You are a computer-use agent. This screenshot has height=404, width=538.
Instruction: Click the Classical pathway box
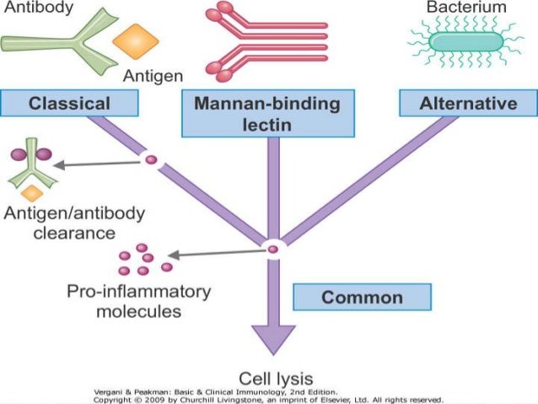click(69, 104)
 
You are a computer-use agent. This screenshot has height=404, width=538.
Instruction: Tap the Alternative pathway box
click(469, 104)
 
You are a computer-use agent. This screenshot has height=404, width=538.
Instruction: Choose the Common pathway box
click(362, 298)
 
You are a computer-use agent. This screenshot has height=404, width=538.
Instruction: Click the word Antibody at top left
click(36, 7)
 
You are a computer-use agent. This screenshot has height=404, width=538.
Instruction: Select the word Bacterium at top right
click(466, 8)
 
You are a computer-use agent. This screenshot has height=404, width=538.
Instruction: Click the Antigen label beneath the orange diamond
click(153, 77)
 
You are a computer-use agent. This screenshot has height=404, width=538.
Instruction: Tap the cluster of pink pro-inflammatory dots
click(144, 261)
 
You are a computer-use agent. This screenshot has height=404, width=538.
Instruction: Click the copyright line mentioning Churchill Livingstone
click(268, 400)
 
